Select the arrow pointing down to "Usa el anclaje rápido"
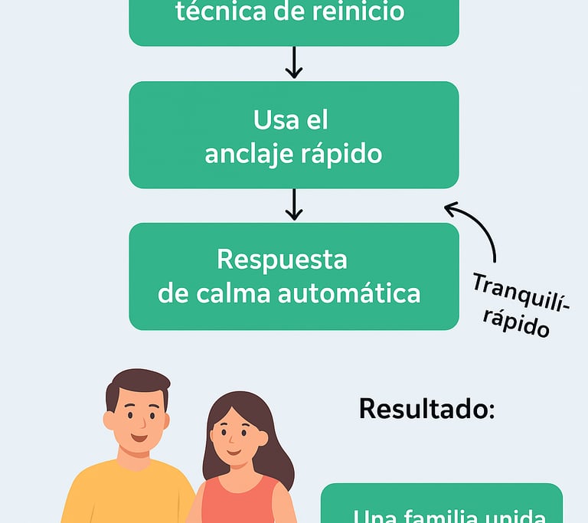click(x=293, y=63)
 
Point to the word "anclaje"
click(x=248, y=154)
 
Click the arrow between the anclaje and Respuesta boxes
click(x=293, y=204)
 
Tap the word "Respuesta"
click(x=282, y=259)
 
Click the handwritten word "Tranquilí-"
click(x=521, y=293)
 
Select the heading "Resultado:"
click(x=426, y=408)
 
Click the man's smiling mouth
click(x=139, y=438)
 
